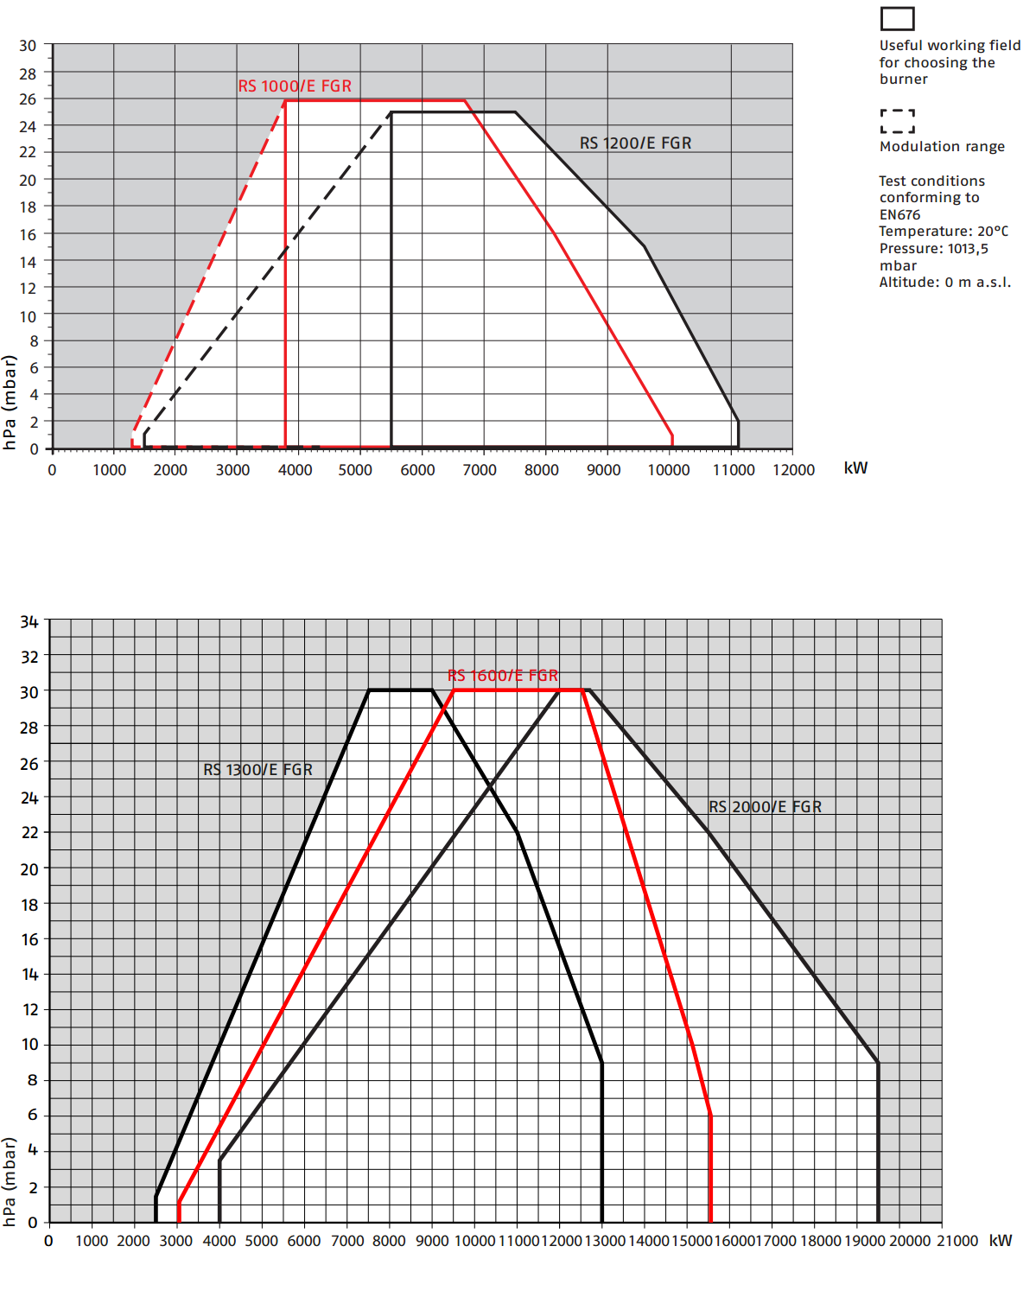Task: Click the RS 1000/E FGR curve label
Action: (295, 86)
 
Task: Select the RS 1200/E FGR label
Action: (635, 143)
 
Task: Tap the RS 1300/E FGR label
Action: (257, 770)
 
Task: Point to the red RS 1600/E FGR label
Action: (503, 676)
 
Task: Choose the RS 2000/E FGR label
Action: (765, 807)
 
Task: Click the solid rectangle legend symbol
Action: (897, 19)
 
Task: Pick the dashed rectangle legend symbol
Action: (897, 121)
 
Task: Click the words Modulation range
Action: (942, 147)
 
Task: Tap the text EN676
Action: (899, 215)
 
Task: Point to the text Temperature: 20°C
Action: (943, 232)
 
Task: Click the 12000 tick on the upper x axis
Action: (793, 470)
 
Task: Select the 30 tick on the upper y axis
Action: (29, 46)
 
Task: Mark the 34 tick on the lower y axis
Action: (29, 622)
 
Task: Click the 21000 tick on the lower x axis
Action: (957, 1241)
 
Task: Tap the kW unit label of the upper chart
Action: (855, 468)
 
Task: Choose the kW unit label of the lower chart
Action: (1001, 1241)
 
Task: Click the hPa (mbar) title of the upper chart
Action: (10, 403)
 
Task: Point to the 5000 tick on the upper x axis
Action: (355, 470)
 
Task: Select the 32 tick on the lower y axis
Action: (29, 657)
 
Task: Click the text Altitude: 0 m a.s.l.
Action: (944, 283)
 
